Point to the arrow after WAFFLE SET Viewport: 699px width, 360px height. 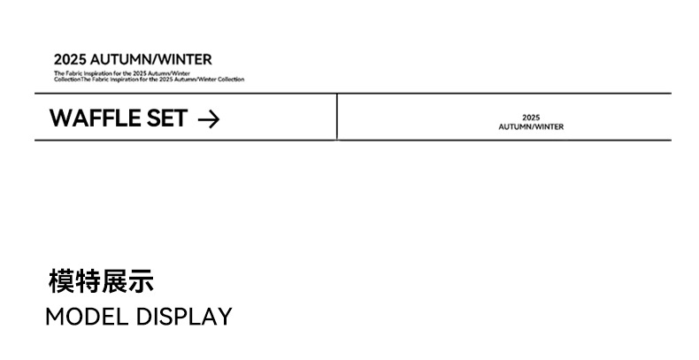pos(208,119)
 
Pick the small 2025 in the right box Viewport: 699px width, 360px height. pos(531,118)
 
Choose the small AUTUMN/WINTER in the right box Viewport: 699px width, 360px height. pos(531,126)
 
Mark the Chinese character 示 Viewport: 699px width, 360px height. pos(141,281)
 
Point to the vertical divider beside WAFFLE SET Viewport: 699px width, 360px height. pos(337,117)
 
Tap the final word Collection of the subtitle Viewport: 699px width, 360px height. pos(231,80)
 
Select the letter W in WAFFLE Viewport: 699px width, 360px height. pos(60,118)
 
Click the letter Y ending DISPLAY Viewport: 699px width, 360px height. pos(225,317)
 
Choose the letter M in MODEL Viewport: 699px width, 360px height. pos(55,317)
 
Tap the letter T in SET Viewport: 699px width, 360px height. pos(180,118)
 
